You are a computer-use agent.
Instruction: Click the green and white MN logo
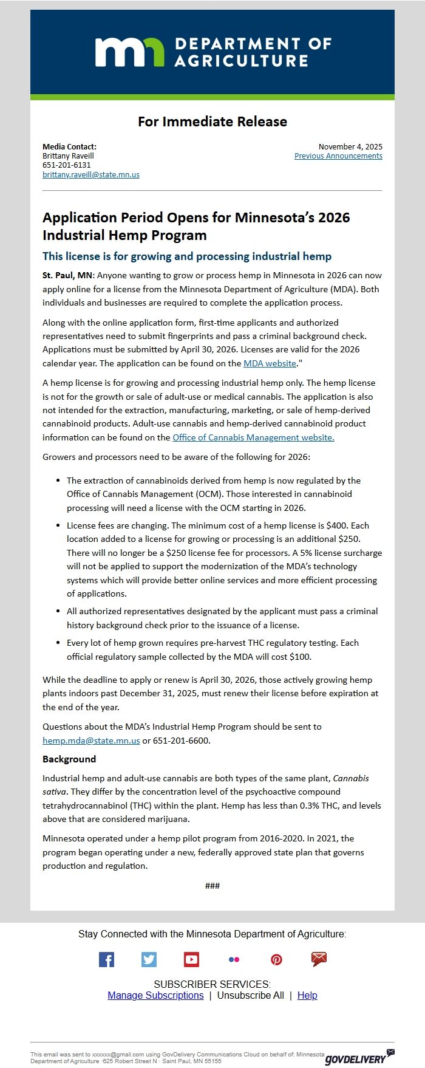129,52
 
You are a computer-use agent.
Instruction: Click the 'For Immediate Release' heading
212,122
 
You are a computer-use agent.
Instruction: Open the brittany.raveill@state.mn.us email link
91,174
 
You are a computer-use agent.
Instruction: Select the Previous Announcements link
338,156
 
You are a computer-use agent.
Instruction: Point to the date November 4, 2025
350,146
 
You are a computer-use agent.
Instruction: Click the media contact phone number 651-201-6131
67,165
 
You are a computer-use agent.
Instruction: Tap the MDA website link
270,363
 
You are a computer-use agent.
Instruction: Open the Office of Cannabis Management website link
253,437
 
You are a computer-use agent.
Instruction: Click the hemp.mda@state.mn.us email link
91,741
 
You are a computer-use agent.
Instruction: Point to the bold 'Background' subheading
69,759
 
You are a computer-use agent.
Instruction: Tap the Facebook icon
106,959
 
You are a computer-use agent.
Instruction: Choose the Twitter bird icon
149,959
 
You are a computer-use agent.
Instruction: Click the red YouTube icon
191,959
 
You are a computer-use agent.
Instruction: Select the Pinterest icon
276,959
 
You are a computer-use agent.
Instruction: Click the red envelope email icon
319,959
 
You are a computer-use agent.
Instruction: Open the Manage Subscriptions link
155,995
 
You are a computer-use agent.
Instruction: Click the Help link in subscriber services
307,995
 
